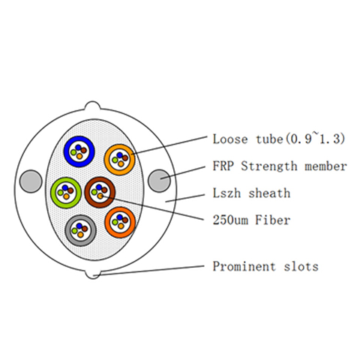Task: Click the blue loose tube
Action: click(x=67, y=151)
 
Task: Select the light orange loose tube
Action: click(x=107, y=160)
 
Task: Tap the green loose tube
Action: click(x=53, y=193)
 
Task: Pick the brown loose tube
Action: click(x=88, y=193)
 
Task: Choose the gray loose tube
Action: click(x=68, y=230)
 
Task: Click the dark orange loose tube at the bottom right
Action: click(x=108, y=222)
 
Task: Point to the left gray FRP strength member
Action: click(x=31, y=181)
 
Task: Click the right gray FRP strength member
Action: click(x=159, y=181)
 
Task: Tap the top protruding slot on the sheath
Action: click(x=92, y=106)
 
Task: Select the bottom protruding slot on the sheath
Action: click(x=93, y=274)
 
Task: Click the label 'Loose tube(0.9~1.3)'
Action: click(x=279, y=139)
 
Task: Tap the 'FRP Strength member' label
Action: click(x=280, y=166)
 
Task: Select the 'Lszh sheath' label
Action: click(x=251, y=193)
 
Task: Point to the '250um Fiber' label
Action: click(x=251, y=220)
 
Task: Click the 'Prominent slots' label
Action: click(x=265, y=266)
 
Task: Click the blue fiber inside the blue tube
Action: click(x=79, y=147)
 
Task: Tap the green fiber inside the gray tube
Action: click(x=74, y=230)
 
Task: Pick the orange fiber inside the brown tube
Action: click(x=100, y=196)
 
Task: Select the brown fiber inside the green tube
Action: click(x=70, y=190)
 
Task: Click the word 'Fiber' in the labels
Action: click(x=273, y=220)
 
